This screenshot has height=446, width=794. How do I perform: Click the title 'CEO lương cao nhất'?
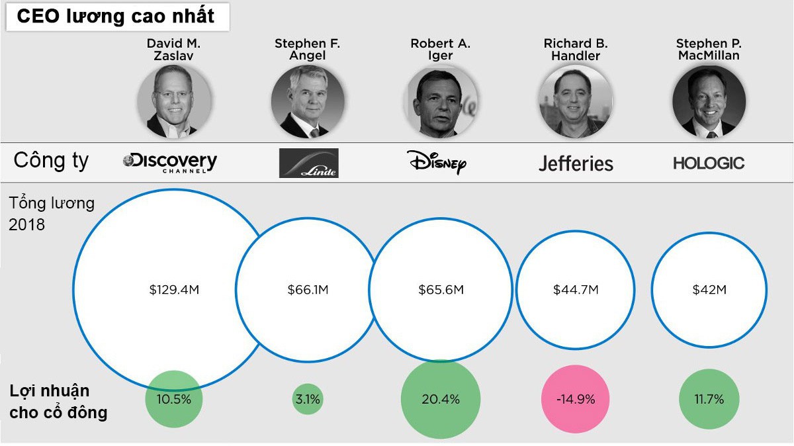click(x=116, y=17)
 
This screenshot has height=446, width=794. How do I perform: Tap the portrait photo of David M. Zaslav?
click(x=174, y=101)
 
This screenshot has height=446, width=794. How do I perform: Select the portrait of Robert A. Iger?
click(x=440, y=101)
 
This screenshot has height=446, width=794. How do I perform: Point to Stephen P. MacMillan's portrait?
click(x=709, y=101)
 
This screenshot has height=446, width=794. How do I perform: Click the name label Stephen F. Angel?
click(x=307, y=50)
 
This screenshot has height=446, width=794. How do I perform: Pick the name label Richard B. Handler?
click(x=576, y=50)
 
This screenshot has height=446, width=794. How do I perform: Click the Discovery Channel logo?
click(x=170, y=162)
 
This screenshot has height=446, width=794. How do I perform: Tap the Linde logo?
click(x=308, y=163)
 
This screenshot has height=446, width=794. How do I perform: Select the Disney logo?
click(x=437, y=161)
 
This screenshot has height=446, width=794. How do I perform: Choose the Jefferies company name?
click(x=576, y=163)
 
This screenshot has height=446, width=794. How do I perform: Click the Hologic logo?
click(x=709, y=163)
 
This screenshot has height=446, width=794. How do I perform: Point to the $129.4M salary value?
click(x=174, y=290)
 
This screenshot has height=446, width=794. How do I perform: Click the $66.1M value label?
click(x=308, y=290)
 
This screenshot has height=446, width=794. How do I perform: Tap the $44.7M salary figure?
click(x=576, y=290)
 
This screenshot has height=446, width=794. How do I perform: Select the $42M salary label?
click(x=709, y=290)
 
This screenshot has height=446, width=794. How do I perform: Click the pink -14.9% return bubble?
click(x=576, y=399)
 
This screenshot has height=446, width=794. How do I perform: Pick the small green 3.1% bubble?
click(x=308, y=399)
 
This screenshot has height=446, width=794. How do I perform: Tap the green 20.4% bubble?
click(x=441, y=399)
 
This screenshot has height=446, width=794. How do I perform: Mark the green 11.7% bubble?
click(x=709, y=399)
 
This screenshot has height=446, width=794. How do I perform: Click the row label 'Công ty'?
click(x=51, y=161)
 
